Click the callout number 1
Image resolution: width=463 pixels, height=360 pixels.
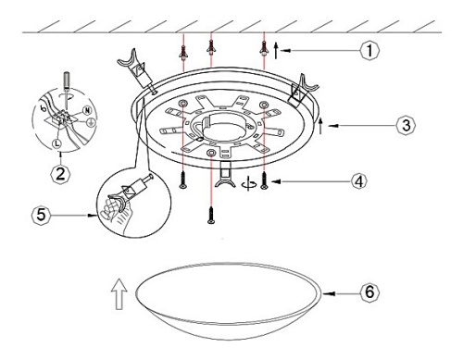(369, 50)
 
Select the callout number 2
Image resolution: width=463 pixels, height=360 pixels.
(60, 174)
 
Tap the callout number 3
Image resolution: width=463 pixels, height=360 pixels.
(407, 125)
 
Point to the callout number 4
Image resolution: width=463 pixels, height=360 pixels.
(358, 181)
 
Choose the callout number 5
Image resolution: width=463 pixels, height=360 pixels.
(41, 215)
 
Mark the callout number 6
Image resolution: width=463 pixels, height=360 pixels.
(369, 292)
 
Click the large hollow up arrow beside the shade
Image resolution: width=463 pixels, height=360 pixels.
(119, 293)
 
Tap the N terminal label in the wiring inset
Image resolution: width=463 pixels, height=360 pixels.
(87, 110)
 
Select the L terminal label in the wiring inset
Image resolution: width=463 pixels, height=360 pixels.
(57, 143)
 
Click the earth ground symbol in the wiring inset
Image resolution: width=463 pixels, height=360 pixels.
(91, 122)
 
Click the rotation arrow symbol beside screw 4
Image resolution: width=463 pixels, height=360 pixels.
(249, 184)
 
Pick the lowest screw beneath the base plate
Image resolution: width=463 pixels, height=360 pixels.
(211, 216)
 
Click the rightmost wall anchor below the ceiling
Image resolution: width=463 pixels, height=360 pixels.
(264, 48)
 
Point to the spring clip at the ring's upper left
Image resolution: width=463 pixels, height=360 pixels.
(136, 70)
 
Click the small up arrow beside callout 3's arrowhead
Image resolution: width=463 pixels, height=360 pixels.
(320, 126)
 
